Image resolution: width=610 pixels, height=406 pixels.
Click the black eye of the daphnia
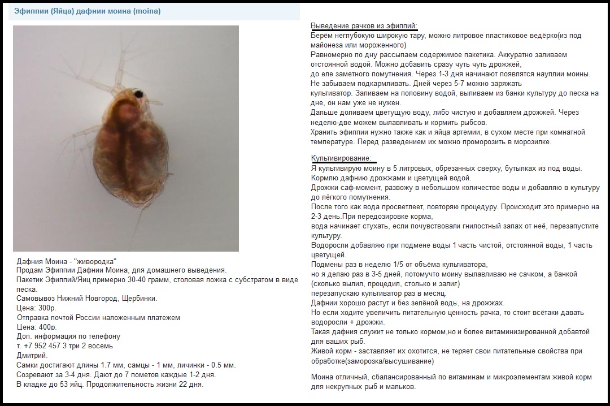tap(137, 92)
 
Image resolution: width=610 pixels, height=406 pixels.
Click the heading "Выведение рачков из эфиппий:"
tap(364, 26)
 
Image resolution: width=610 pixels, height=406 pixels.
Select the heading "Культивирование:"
tap(341, 158)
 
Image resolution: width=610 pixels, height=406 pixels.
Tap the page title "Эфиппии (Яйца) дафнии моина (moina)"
tap(88, 11)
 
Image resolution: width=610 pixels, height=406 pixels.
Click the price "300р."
tap(46, 308)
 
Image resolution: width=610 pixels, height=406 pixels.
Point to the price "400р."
tap(46, 327)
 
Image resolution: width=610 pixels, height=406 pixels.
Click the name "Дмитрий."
tap(32, 355)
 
